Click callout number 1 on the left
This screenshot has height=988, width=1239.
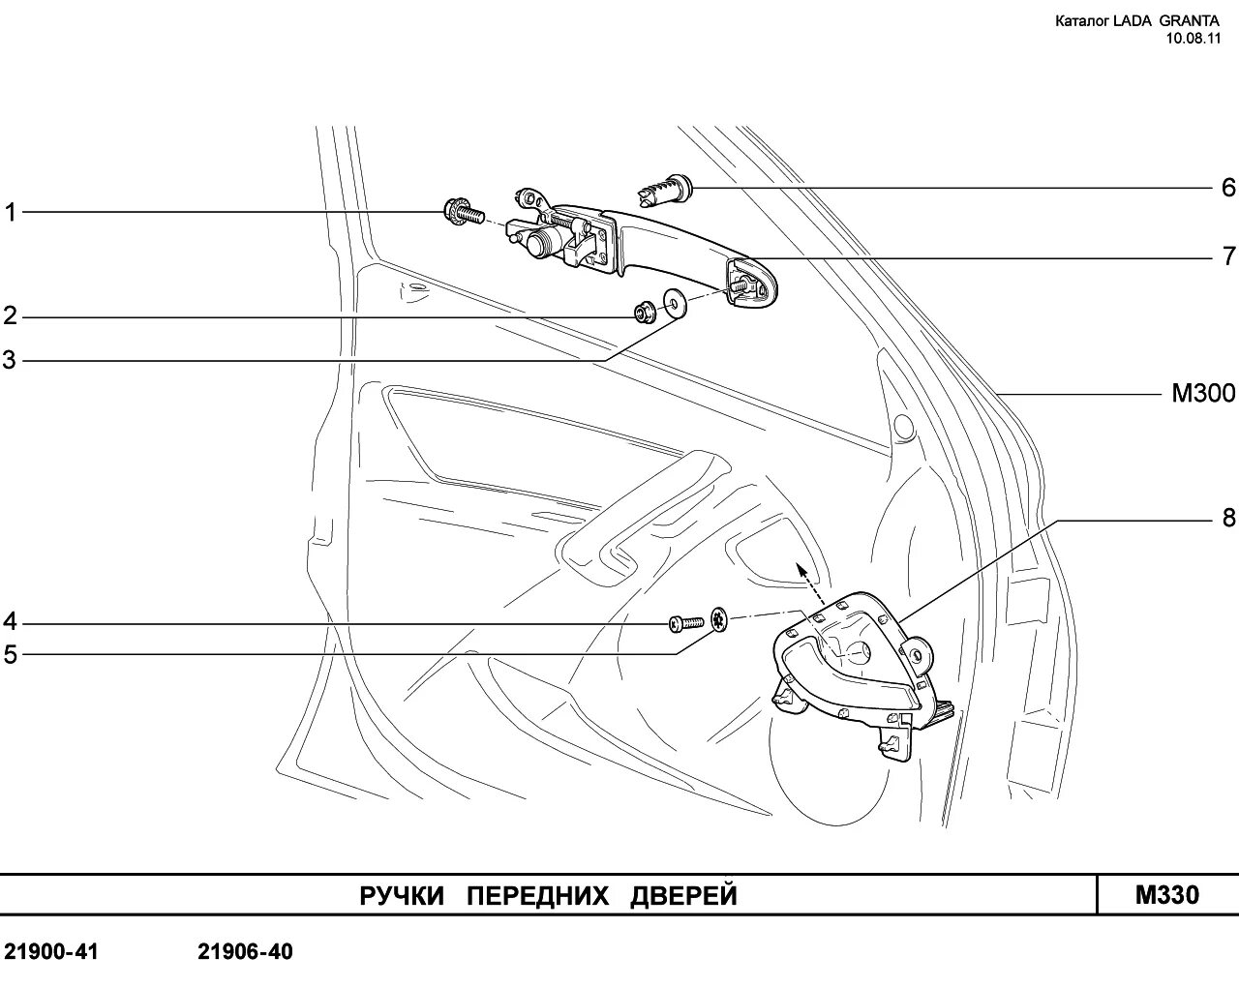click(11, 212)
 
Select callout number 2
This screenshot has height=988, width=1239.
click(11, 315)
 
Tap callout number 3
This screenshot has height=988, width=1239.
click(11, 361)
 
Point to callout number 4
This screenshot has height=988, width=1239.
click(11, 620)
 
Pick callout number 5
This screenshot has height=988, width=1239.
click(11, 655)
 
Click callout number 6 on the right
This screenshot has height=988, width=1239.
click(1228, 187)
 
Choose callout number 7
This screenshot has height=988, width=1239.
click(1228, 256)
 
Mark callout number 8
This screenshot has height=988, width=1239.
click(1228, 519)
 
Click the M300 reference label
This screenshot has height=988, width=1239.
click(1203, 394)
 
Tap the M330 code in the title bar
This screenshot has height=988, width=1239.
click(1166, 895)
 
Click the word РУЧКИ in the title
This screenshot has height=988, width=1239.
click(402, 896)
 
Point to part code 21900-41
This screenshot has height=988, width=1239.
click(50, 952)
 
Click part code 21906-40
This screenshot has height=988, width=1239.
click(245, 952)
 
